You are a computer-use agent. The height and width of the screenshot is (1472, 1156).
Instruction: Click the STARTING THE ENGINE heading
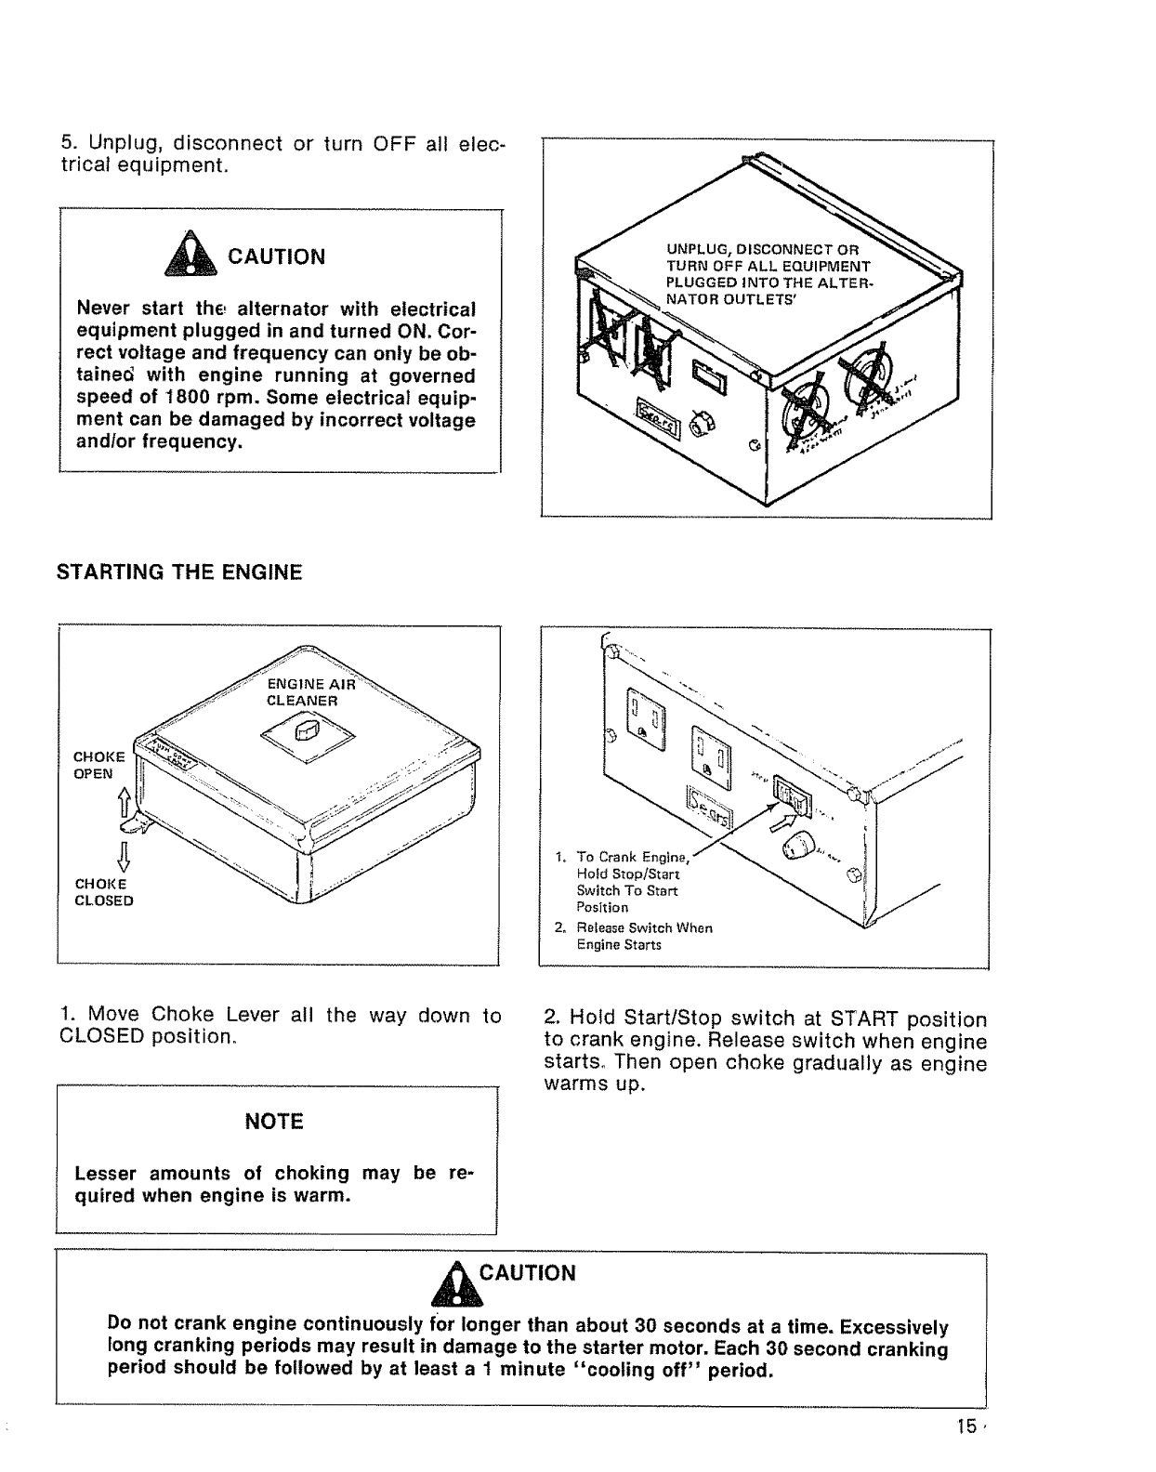pyautogui.click(x=179, y=572)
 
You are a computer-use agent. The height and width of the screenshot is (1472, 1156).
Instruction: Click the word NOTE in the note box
pyautogui.click(x=277, y=1122)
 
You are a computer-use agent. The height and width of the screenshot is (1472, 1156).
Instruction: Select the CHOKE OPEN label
pyautogui.click(x=93, y=765)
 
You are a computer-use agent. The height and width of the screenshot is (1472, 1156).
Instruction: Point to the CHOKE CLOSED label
pyautogui.click(x=103, y=892)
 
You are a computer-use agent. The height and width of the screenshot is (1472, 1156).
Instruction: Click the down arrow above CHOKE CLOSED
pyautogui.click(x=122, y=853)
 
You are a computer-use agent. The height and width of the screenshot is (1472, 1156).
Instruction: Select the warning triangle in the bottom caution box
pyautogui.click(x=462, y=1283)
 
